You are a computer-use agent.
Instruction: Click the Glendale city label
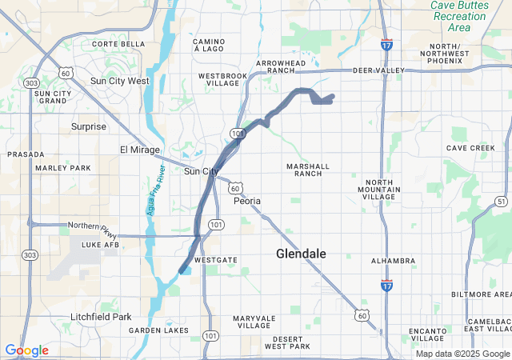tap(301, 254)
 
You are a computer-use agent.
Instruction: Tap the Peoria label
tap(246, 201)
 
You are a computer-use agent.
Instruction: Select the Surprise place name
tap(88, 126)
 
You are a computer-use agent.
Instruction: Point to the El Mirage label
tap(140, 150)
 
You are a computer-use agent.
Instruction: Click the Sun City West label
tap(119, 81)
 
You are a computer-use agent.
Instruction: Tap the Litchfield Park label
tap(100, 317)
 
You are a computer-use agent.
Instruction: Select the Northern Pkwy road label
tap(94, 225)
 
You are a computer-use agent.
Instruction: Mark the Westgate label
tap(215, 261)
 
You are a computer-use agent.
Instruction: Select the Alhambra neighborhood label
tap(393, 261)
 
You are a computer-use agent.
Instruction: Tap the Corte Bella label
tap(118, 44)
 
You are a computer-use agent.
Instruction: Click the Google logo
tap(26, 350)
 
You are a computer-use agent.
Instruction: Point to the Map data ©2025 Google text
tap(462, 354)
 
